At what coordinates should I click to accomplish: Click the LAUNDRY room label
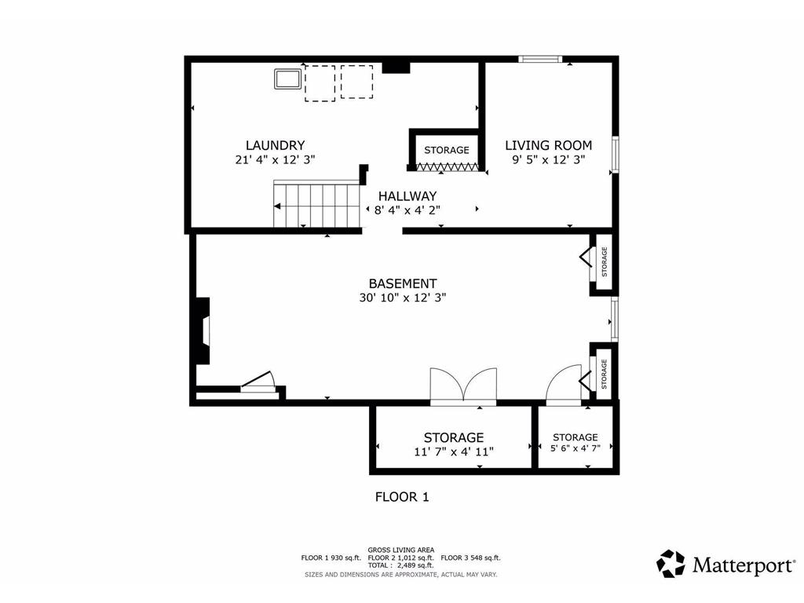(275, 145)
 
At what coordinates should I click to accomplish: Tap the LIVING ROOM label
(548, 145)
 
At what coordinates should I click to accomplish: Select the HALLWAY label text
(407, 196)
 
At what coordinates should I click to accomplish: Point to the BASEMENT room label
(403, 283)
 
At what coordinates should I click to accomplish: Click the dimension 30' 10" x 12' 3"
(403, 298)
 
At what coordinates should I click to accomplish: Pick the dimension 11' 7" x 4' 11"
(453, 451)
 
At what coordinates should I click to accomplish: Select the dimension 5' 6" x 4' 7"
(575, 450)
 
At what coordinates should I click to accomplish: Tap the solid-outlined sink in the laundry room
(287, 79)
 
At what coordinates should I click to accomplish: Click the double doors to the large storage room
(463, 386)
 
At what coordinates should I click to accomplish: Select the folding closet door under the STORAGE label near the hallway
(446, 166)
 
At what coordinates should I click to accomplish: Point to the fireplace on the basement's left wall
(203, 331)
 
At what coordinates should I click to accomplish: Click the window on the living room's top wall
(540, 58)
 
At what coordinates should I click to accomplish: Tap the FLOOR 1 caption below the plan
(401, 496)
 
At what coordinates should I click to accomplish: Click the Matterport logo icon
(671, 564)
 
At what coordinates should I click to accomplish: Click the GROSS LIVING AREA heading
(401, 550)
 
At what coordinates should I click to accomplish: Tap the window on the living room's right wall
(616, 154)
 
